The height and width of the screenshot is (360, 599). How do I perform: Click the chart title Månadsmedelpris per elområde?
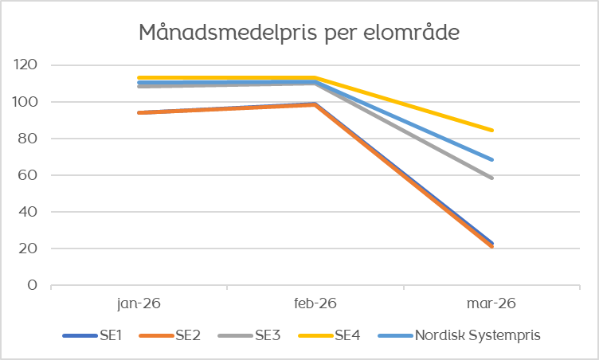pos(299,33)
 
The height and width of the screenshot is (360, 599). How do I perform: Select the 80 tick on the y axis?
pos(30,139)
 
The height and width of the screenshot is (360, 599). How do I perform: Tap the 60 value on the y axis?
pos(30,175)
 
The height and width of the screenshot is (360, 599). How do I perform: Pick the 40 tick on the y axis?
pos(30,212)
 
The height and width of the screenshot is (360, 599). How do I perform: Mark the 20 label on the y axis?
pos(30,248)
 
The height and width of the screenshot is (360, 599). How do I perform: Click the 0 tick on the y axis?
pos(33,285)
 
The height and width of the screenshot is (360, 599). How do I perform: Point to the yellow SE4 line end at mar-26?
pos(492,130)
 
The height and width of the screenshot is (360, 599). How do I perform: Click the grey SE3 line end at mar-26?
pos(492,178)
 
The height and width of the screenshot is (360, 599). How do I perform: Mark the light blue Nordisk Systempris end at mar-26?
pos(492,159)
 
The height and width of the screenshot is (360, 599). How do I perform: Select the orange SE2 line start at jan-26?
pos(139,113)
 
